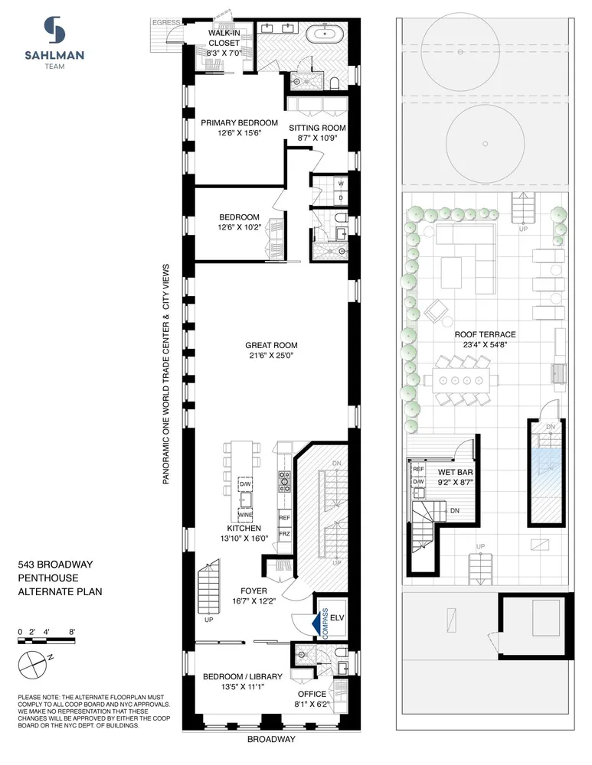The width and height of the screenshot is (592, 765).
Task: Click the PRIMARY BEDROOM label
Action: coord(239,122)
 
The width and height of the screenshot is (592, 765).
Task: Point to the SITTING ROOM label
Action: coord(317,128)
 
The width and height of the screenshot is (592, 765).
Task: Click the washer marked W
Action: coord(341,184)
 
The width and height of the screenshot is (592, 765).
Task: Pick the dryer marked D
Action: coord(341,197)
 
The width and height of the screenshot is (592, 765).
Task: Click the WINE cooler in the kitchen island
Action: coord(246,515)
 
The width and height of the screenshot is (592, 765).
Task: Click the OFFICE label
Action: coord(312,694)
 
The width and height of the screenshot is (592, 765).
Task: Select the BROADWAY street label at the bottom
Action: coord(271,740)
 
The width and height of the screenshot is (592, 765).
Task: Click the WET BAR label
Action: coord(448,472)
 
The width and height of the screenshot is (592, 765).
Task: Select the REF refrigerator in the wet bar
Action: coord(418,469)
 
